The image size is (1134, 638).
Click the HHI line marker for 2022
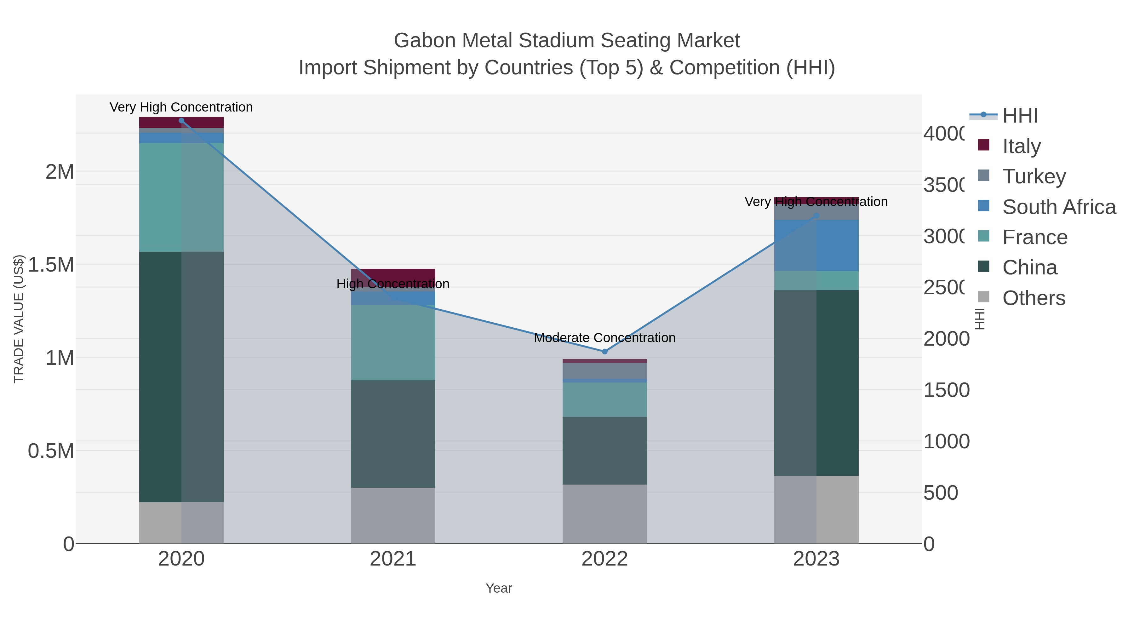(x=604, y=351)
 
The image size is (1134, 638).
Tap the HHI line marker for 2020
(x=181, y=121)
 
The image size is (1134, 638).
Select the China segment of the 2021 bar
(x=393, y=434)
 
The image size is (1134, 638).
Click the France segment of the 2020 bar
(x=181, y=197)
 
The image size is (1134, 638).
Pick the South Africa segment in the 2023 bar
(x=816, y=245)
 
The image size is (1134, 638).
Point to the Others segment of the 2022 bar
(x=604, y=514)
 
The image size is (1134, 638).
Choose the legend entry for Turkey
(x=1034, y=176)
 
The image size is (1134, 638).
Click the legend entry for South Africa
(x=1059, y=207)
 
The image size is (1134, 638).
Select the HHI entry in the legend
(x=1020, y=116)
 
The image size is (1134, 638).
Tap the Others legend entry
(x=1034, y=298)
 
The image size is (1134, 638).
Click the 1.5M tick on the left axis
(x=51, y=265)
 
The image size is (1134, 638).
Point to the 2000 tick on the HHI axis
(x=946, y=339)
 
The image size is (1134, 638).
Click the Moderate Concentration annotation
(x=604, y=338)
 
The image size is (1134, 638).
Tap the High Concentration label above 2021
(x=393, y=284)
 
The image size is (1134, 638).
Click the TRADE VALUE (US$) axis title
(x=19, y=319)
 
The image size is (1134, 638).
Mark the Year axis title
(x=499, y=588)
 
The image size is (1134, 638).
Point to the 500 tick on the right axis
(x=940, y=493)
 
